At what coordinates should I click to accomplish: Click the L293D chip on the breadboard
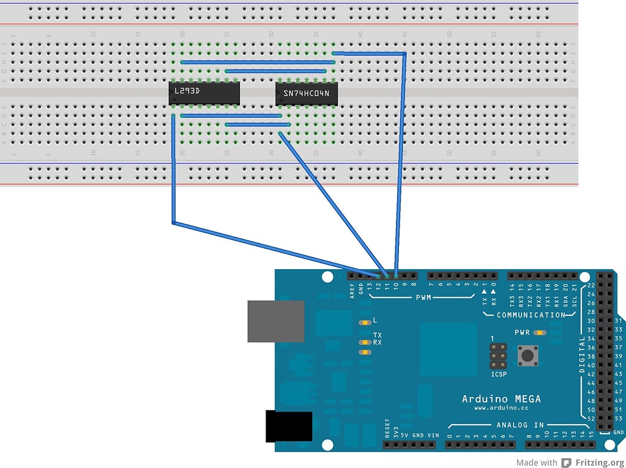(x=204, y=92)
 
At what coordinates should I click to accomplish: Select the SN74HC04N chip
(x=307, y=93)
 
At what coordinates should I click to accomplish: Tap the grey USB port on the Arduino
(x=275, y=321)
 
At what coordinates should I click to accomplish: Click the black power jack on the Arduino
(x=288, y=426)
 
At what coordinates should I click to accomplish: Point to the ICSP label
(x=499, y=374)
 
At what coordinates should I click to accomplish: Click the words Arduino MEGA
(x=501, y=399)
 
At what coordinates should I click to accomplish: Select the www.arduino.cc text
(x=501, y=409)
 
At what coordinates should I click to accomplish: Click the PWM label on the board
(x=423, y=297)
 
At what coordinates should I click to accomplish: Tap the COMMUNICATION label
(x=531, y=315)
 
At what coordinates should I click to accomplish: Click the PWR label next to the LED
(x=522, y=333)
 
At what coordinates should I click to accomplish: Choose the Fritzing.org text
(x=600, y=462)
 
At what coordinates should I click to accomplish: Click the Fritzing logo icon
(x=567, y=462)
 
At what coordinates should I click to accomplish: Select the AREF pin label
(x=352, y=290)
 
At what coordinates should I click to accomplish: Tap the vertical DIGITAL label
(x=581, y=355)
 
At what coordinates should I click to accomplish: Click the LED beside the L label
(x=365, y=321)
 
